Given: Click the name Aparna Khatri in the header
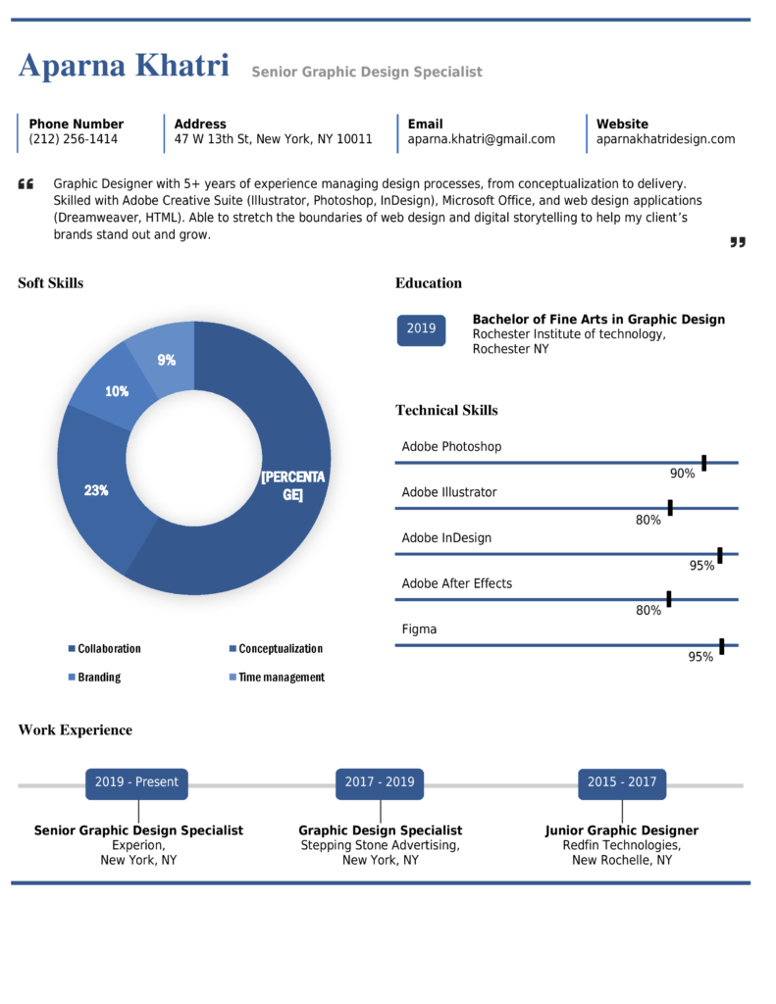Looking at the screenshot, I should pos(124,67).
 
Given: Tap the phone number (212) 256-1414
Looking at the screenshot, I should pos(74,139).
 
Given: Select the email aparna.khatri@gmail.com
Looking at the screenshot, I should pos(482,139).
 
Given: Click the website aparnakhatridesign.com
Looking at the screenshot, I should pos(665,139).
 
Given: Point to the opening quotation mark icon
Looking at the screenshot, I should pos(26,184).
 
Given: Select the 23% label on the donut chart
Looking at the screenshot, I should pos(96,490).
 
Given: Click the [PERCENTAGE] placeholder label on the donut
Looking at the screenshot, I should pos(292,485).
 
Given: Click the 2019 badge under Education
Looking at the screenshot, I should pos(421,328).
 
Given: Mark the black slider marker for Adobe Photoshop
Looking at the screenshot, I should pos(703,463).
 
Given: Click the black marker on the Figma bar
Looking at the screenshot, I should pos(721,646).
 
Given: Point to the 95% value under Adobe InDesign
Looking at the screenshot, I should pos(701,566).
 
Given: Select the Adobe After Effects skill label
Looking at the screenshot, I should pos(456,583).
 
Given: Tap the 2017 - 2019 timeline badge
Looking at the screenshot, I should pos(380,782).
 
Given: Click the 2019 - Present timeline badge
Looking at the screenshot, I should pos(136,782).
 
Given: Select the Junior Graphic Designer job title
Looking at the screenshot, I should pos(622,830).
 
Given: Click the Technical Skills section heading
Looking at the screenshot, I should pos(446,410).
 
